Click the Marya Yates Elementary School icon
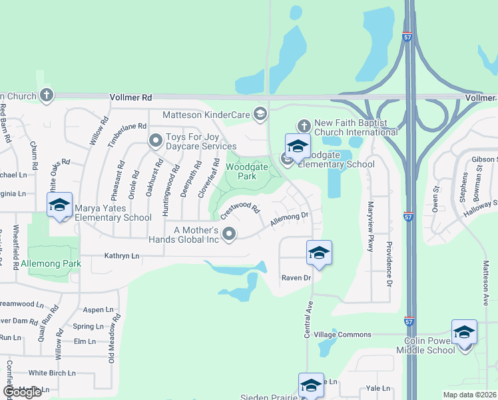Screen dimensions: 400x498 tap(59, 205)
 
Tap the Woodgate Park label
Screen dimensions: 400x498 tap(241, 171)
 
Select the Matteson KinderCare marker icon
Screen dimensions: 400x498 tap(260, 115)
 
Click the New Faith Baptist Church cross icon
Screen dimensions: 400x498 tap(304, 126)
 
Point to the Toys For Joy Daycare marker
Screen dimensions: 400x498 tap(156, 141)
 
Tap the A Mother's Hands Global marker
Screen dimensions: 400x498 tap(230, 233)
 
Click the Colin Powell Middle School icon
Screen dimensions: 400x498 tap(464, 333)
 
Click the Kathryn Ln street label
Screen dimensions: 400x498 tap(122, 255)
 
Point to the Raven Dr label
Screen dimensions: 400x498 tap(296, 277)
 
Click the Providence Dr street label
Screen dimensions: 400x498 tap(389, 262)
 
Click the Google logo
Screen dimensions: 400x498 tap(22, 392)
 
